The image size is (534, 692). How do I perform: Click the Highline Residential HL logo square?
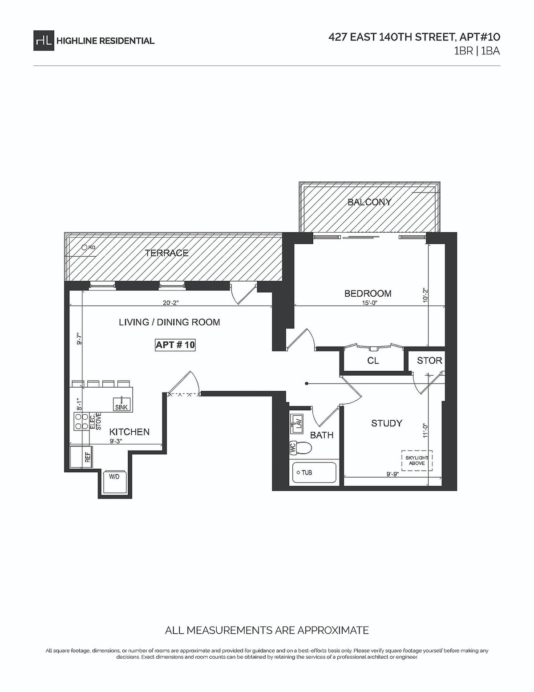[x=43, y=41]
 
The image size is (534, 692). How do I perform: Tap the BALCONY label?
[x=369, y=202]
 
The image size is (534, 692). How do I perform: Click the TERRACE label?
[x=166, y=253]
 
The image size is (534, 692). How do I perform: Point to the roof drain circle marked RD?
[x=84, y=247]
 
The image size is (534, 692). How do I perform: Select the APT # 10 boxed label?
[x=175, y=345]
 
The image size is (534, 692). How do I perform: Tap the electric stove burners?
[x=81, y=421]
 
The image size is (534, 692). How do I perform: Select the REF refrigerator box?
[x=81, y=456]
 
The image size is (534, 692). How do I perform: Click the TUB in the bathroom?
[x=314, y=473]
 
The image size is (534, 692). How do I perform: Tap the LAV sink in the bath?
[x=296, y=422]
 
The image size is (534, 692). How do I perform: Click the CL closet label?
[x=373, y=360]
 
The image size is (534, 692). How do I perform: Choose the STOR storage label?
[x=429, y=360]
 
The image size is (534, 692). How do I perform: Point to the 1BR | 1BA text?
[x=477, y=51]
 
